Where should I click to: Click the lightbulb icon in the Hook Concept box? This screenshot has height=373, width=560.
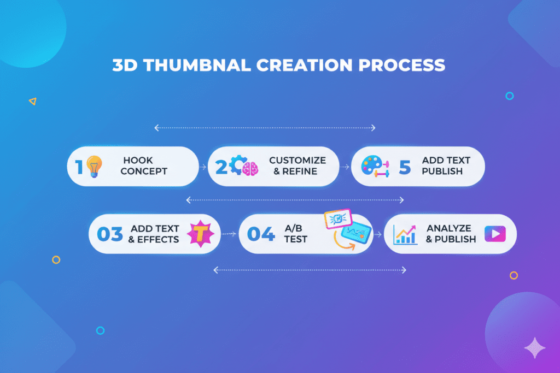pyautogui.click(x=95, y=165)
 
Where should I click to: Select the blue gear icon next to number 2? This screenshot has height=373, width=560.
pyautogui.click(x=235, y=165)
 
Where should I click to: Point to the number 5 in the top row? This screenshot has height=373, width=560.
pyautogui.click(x=404, y=167)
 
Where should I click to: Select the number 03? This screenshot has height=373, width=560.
pyautogui.click(x=109, y=234)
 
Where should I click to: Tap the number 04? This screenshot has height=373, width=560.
pyautogui.click(x=260, y=234)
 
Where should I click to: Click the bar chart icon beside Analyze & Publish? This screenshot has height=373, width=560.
pyautogui.click(x=405, y=235)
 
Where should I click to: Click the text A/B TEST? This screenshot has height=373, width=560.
pyautogui.click(x=295, y=234)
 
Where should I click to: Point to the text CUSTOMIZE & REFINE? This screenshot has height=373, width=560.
pyautogui.click(x=297, y=165)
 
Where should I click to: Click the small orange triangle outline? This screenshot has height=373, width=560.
pyautogui.click(x=33, y=101)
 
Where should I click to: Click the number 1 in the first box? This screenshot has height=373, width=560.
pyautogui.click(x=79, y=167)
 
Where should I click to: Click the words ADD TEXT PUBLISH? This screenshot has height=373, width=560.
pyautogui.click(x=445, y=165)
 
